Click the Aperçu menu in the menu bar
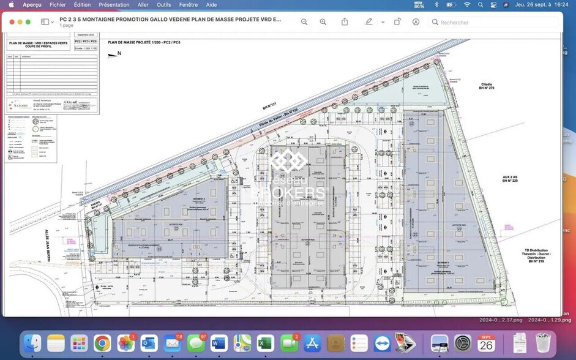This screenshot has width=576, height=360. pos(32,4)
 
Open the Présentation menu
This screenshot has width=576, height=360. pos(114,4)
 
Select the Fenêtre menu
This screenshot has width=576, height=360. pos(188,4)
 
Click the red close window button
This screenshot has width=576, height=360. pos(11,22)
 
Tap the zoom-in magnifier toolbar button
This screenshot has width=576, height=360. pos(323,22)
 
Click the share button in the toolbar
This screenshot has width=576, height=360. pos(345,22)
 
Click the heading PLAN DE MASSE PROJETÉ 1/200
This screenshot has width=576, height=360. pos(144,42)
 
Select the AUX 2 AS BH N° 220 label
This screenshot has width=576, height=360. pos(510,178)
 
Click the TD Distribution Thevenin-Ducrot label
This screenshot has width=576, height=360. pos(536,256)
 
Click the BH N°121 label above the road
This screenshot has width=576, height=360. pos(270,106)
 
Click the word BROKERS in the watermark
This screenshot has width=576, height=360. pos(288,193)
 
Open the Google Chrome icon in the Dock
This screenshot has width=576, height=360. pos(102,343)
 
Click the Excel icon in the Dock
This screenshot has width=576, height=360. pos(265,343)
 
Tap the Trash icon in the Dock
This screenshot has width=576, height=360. pos(542,343)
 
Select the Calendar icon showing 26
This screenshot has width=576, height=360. pos(486,343)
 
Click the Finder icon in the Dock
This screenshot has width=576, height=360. pos(32,343)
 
